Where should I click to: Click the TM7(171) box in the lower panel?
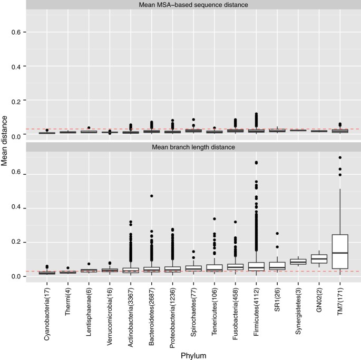[x=340, y=252]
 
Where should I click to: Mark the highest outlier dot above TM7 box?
[x=340, y=157]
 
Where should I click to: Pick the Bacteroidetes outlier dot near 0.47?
[x=151, y=196]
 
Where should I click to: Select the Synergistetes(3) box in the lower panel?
[x=298, y=262]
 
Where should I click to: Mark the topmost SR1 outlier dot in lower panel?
[x=277, y=234]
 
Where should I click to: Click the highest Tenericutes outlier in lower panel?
[x=214, y=219]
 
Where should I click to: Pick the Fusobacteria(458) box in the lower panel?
[x=236, y=267]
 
